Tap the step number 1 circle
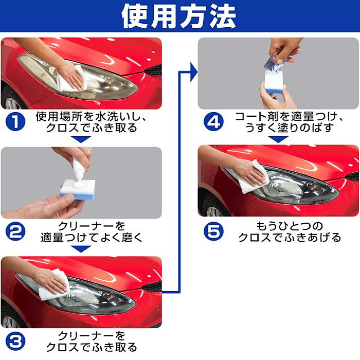coord(16,122)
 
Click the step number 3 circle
coord(16,340)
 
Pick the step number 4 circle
coord(213,122)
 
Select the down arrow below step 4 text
coord(278,139)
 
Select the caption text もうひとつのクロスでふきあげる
coord(289,231)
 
